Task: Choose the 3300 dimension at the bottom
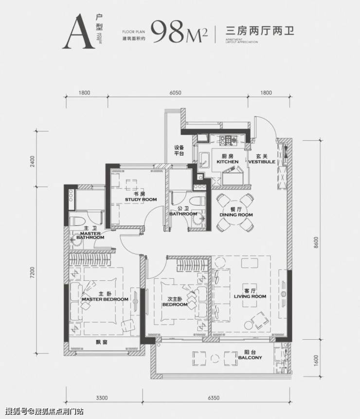101,399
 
